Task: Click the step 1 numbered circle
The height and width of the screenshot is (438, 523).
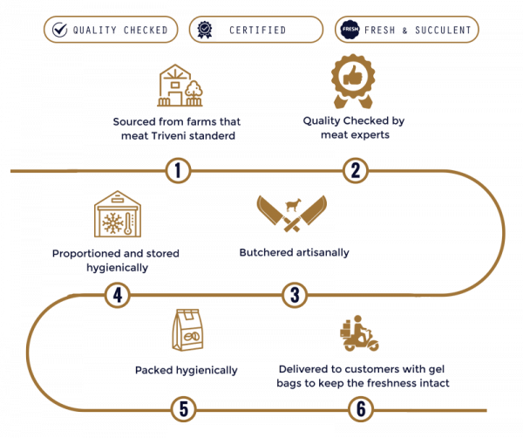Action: pos(178,171)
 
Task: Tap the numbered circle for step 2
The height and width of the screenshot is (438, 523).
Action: pos(356,171)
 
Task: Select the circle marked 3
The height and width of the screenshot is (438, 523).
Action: pos(295,295)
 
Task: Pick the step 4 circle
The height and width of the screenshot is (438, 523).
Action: pos(118,295)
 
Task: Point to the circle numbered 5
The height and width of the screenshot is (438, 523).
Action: pos(184,409)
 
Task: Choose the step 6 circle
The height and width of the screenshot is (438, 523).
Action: pos(361,409)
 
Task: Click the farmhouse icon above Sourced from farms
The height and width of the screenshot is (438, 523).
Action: pos(180,86)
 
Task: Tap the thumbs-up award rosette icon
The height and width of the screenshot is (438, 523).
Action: pos(353,81)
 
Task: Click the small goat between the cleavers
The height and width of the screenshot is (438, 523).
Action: pos(293,205)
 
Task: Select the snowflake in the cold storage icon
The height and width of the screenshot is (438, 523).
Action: pos(112,223)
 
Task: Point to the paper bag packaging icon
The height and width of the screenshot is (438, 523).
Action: pos(187,330)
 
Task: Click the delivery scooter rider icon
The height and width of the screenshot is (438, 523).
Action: pos(359,333)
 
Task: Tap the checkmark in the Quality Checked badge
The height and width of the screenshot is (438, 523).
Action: pos(60,30)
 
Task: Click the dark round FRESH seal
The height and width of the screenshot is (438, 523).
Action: pos(350,30)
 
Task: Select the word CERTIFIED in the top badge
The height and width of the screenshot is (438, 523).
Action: pos(257,30)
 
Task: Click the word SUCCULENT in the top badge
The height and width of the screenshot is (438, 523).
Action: pos(443,30)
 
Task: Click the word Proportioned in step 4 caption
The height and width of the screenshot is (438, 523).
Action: pos(86,254)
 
